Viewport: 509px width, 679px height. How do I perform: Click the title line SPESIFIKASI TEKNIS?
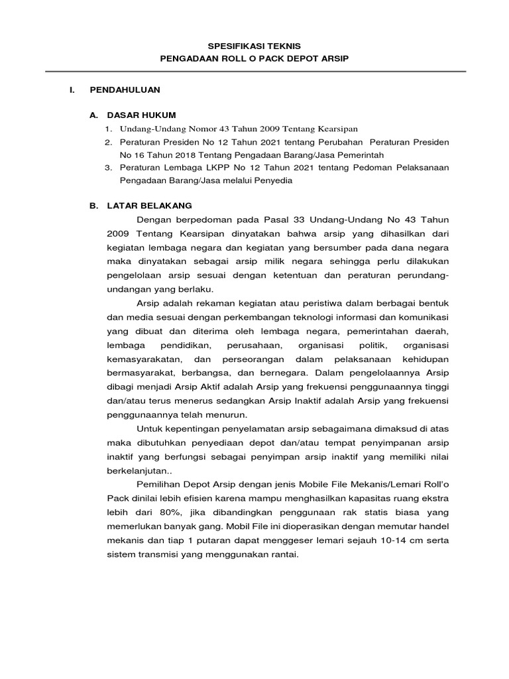coord(254,46)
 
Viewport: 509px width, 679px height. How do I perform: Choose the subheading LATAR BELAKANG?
coord(149,206)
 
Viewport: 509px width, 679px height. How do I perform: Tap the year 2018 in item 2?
coord(176,154)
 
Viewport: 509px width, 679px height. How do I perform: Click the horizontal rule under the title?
coord(254,72)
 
